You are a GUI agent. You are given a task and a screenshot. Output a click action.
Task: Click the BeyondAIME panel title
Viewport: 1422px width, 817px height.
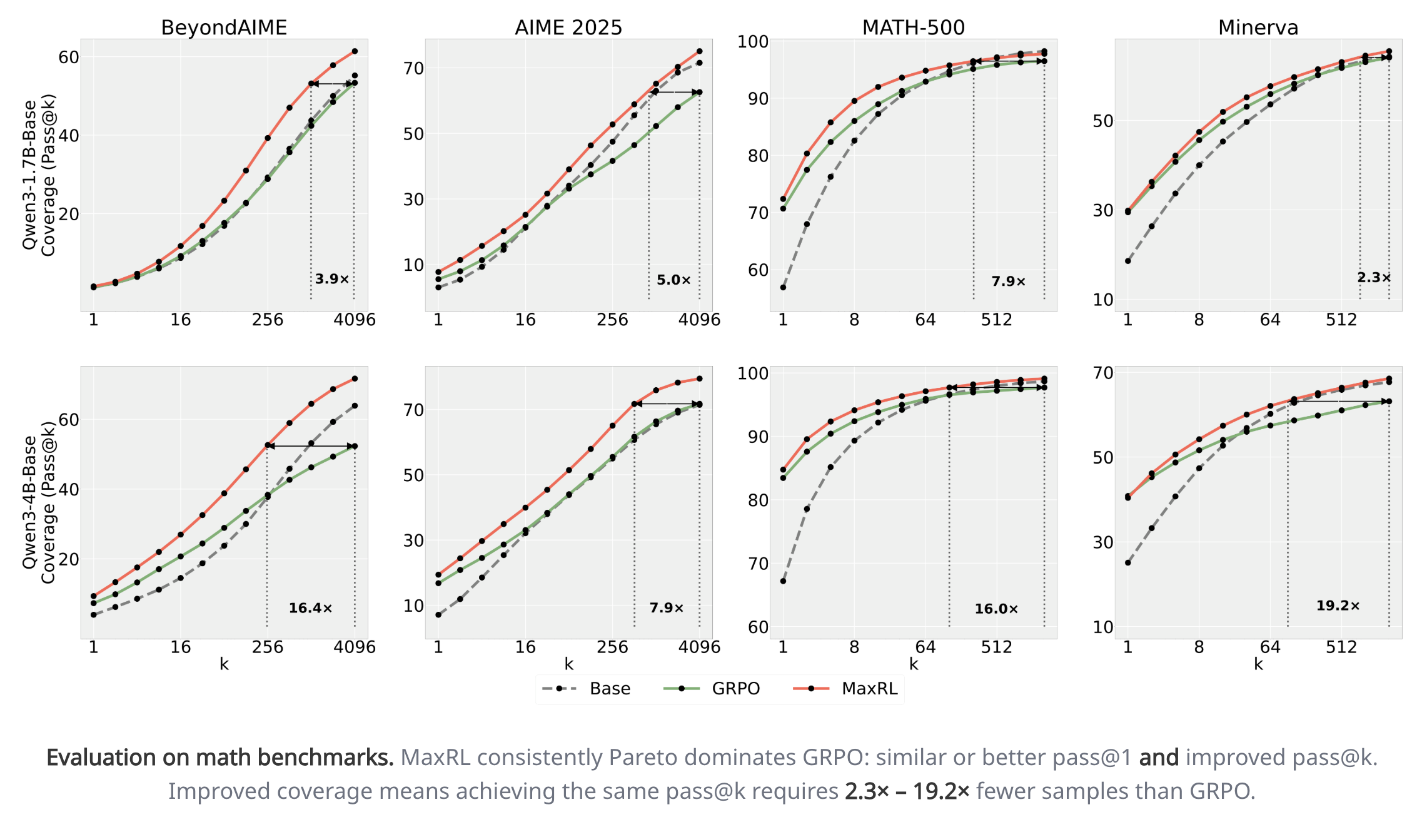224,28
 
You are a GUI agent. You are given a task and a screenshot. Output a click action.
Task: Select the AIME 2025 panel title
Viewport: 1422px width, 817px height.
568,28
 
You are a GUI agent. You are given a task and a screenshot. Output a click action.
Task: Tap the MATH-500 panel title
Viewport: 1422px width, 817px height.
913,28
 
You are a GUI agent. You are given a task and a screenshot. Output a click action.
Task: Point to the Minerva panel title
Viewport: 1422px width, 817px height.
1258,28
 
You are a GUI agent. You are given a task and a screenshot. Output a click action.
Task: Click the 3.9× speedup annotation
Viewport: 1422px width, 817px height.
331,279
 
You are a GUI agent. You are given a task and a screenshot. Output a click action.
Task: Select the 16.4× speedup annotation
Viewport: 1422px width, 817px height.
310,608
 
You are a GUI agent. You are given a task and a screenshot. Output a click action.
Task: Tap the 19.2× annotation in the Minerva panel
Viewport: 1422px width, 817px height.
1338,606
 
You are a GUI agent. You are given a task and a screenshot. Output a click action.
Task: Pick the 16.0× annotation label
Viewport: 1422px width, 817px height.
996,609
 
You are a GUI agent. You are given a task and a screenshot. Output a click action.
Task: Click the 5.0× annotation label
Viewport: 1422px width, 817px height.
673,280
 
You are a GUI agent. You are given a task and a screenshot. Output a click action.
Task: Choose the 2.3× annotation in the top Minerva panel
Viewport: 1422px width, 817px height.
1374,277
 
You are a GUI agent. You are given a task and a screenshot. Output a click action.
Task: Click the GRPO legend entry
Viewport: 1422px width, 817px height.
735,689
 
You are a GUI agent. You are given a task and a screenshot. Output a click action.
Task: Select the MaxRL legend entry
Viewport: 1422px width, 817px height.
869,689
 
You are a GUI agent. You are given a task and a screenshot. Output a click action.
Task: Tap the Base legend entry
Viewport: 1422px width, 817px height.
610,689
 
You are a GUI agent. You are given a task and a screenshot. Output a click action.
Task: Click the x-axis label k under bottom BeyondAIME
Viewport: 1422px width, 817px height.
224,664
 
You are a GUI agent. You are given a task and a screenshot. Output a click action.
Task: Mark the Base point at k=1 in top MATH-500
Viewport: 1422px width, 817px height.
783,288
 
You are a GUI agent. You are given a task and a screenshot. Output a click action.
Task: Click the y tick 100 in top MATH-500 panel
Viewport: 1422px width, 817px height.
753,42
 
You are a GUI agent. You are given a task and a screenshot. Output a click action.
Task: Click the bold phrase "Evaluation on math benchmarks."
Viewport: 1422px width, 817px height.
220,758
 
